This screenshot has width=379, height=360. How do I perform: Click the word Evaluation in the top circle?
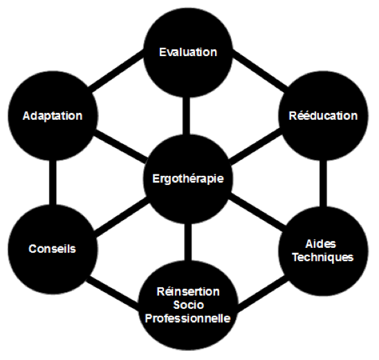pos(188,52)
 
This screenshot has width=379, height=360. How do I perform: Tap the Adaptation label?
pos(53,116)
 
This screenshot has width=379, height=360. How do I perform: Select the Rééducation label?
pos(323,116)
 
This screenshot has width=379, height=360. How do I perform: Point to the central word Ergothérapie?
pos(188,179)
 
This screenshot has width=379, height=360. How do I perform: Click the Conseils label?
pos(52,249)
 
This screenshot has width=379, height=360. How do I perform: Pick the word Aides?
pos(321,244)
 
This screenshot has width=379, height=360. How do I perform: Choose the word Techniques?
pos(323,257)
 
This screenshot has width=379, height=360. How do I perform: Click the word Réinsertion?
pos(188,291)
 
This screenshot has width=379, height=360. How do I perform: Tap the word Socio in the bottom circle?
pos(189,305)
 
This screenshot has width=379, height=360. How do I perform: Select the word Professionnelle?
pos(188,318)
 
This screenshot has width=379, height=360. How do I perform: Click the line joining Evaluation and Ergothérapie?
pos(186,116)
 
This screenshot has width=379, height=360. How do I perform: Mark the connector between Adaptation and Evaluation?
pos(116,71)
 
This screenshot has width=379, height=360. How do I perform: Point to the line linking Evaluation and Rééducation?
pos(260,71)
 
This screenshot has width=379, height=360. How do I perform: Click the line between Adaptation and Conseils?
pos(53,183)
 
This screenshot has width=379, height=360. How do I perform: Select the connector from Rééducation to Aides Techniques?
pos(323,183)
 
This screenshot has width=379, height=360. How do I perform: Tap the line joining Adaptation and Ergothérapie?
pos(120,146)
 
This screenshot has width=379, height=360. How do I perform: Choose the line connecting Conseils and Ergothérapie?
pos(122,217)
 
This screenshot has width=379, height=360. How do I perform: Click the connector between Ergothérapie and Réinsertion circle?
pos(188,242)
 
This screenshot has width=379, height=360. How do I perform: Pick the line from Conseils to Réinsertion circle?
pos(113,294)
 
